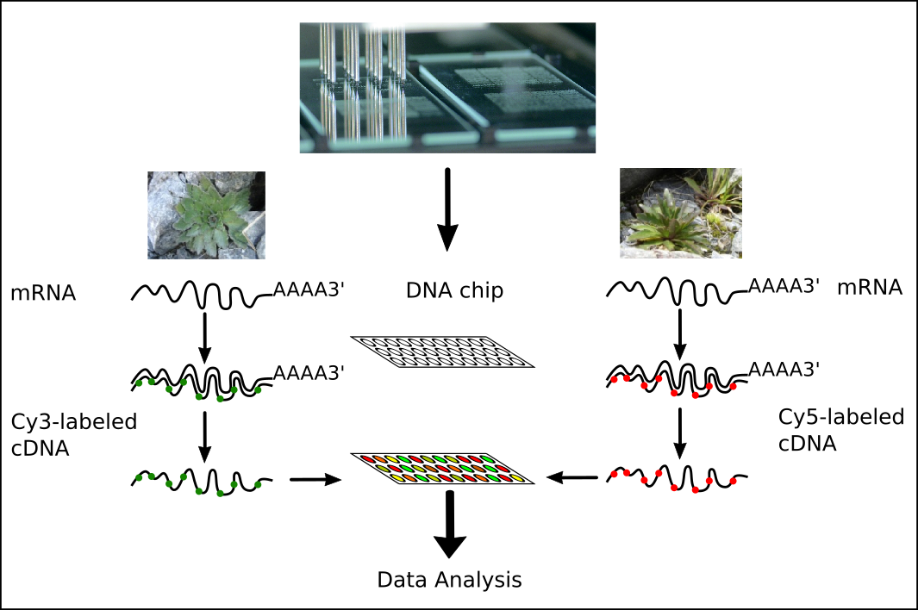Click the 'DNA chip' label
tap(454, 291)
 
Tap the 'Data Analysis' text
tap(449, 579)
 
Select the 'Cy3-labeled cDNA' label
tap(74, 435)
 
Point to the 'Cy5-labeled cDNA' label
tap(841, 429)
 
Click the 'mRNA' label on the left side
tap(43, 294)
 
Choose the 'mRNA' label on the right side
tap(869, 288)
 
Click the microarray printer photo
tap(447, 88)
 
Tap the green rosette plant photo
tap(206, 215)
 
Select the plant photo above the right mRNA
tap(680, 213)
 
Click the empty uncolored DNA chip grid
tap(442, 352)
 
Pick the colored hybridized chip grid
tap(442, 467)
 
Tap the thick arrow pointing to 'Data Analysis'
tap(449, 526)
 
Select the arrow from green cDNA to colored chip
tap(315, 478)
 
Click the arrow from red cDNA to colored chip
tap(575, 477)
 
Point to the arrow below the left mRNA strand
tap(205, 337)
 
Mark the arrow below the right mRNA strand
tap(680, 333)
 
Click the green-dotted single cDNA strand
tap(203, 480)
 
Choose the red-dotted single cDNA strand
tap(677, 477)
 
